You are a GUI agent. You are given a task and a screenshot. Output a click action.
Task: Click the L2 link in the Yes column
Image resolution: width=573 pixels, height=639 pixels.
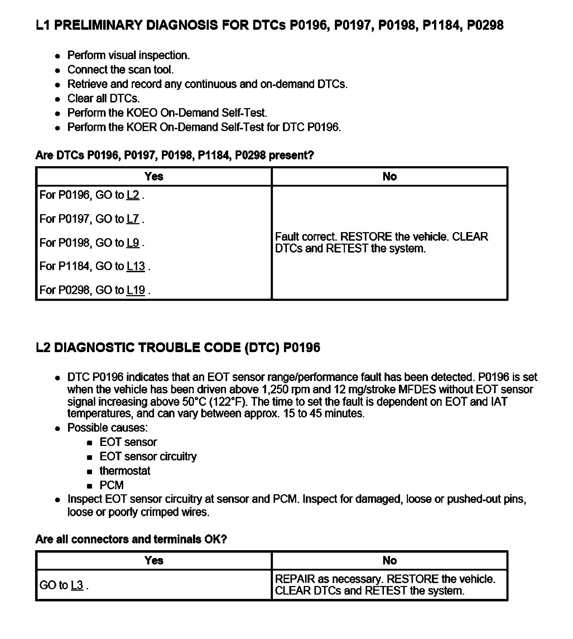(x=133, y=195)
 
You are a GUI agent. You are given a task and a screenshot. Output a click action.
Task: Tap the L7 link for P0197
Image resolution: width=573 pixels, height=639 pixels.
(x=133, y=219)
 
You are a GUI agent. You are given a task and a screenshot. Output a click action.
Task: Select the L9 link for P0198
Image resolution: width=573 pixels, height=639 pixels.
(x=133, y=243)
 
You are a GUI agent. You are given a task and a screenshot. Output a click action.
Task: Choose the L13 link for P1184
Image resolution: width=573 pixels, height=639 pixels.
(x=136, y=266)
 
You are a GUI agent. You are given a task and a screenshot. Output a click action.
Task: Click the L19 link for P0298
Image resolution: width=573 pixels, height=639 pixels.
(x=136, y=290)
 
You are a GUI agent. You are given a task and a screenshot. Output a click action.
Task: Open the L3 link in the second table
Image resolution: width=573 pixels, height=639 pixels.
(x=77, y=585)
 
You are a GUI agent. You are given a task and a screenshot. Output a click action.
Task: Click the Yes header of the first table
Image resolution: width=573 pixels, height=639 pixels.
(x=154, y=176)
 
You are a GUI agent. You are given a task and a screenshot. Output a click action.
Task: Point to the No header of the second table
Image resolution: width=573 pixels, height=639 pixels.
(x=390, y=560)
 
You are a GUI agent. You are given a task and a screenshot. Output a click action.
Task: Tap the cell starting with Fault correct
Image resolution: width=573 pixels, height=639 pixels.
(x=381, y=242)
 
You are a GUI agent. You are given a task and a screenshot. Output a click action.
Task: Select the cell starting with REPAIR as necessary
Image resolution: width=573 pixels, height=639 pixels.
(x=385, y=585)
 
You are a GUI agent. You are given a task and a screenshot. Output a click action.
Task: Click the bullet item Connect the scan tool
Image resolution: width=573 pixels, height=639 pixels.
(x=120, y=69)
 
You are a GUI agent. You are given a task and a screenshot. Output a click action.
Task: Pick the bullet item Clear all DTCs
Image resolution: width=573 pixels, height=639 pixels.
(x=103, y=99)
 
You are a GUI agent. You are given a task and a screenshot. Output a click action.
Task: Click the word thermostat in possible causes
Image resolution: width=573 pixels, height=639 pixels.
(x=125, y=471)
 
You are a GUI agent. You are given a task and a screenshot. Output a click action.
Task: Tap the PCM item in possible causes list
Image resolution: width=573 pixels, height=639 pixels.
(x=111, y=485)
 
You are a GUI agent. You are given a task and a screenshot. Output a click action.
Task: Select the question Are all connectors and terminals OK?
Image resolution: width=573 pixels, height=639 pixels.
(x=131, y=539)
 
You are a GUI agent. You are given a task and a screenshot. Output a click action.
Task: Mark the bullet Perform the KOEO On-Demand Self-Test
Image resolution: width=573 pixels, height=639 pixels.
(x=167, y=113)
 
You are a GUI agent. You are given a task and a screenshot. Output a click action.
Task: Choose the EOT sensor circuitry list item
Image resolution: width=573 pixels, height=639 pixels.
(x=148, y=456)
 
